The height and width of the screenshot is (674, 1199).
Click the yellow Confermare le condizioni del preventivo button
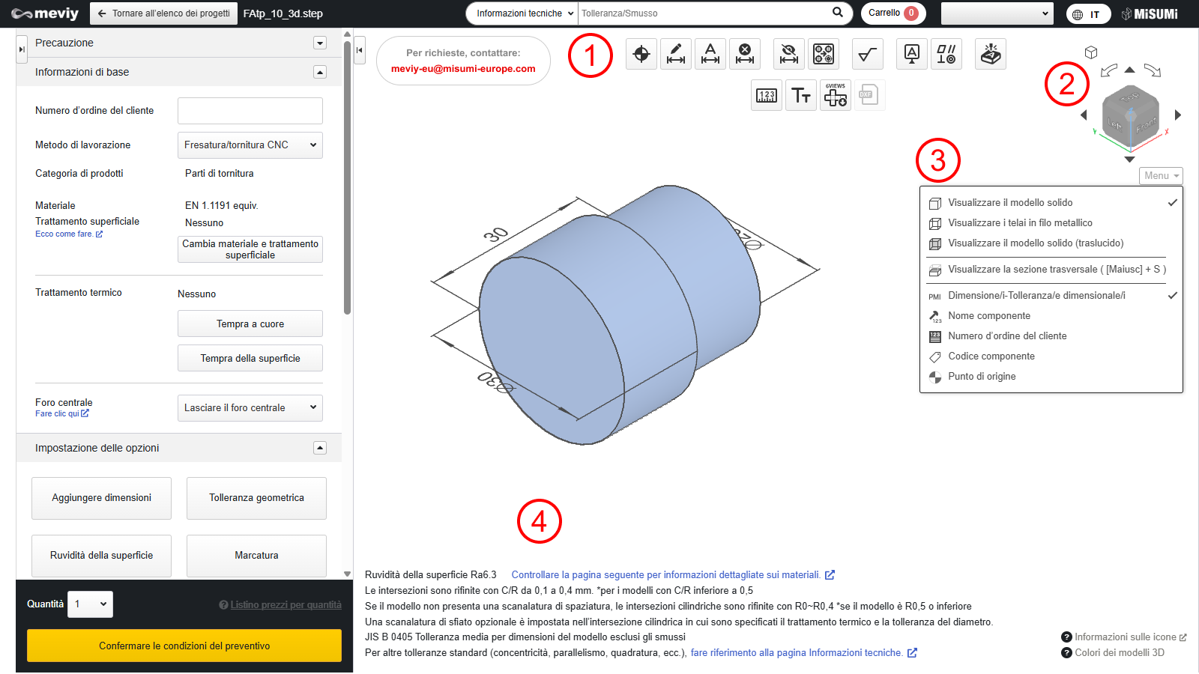[x=184, y=645]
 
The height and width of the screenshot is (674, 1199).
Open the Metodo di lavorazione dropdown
[x=250, y=145]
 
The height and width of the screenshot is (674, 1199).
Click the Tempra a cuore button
[x=250, y=324]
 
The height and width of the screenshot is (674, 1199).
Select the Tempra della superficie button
[x=250, y=358]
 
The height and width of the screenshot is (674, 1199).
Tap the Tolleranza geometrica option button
[x=256, y=498]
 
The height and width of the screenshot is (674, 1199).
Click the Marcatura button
[x=256, y=555]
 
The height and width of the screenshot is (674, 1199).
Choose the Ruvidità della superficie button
[x=102, y=555]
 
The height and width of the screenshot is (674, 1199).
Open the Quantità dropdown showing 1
[x=90, y=604]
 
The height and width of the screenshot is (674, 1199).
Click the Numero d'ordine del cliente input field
[x=250, y=111]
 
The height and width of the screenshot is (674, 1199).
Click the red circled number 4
[x=539, y=521]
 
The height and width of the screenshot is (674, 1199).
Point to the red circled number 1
[x=590, y=55]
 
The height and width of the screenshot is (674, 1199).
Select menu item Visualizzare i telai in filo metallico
[x=1020, y=222]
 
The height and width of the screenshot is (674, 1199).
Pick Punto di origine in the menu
[x=982, y=376]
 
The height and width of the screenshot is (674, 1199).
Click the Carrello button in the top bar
[x=893, y=13]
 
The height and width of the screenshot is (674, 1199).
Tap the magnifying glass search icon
[x=838, y=13]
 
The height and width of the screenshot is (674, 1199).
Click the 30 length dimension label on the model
[x=495, y=234]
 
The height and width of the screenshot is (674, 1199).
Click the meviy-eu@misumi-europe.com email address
[x=463, y=68]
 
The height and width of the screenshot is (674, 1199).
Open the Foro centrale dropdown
[x=250, y=407]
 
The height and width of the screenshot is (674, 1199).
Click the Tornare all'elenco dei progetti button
[x=164, y=13]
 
